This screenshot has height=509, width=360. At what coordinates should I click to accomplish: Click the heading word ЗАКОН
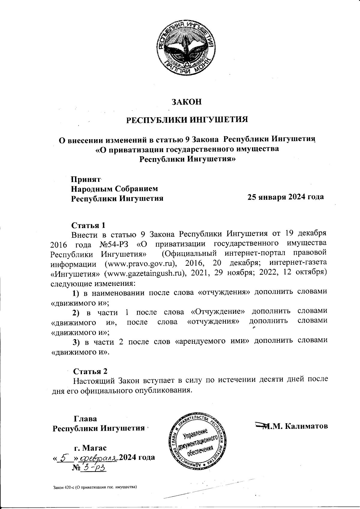coord(186,102)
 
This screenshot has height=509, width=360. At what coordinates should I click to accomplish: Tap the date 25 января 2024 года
coord(285,197)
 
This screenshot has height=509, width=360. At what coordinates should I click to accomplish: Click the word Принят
coord(85,180)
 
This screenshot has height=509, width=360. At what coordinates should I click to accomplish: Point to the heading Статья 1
coord(88,225)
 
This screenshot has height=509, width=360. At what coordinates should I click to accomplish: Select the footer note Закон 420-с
coord(95,487)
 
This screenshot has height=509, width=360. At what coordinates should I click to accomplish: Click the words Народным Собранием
coord(114,189)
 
